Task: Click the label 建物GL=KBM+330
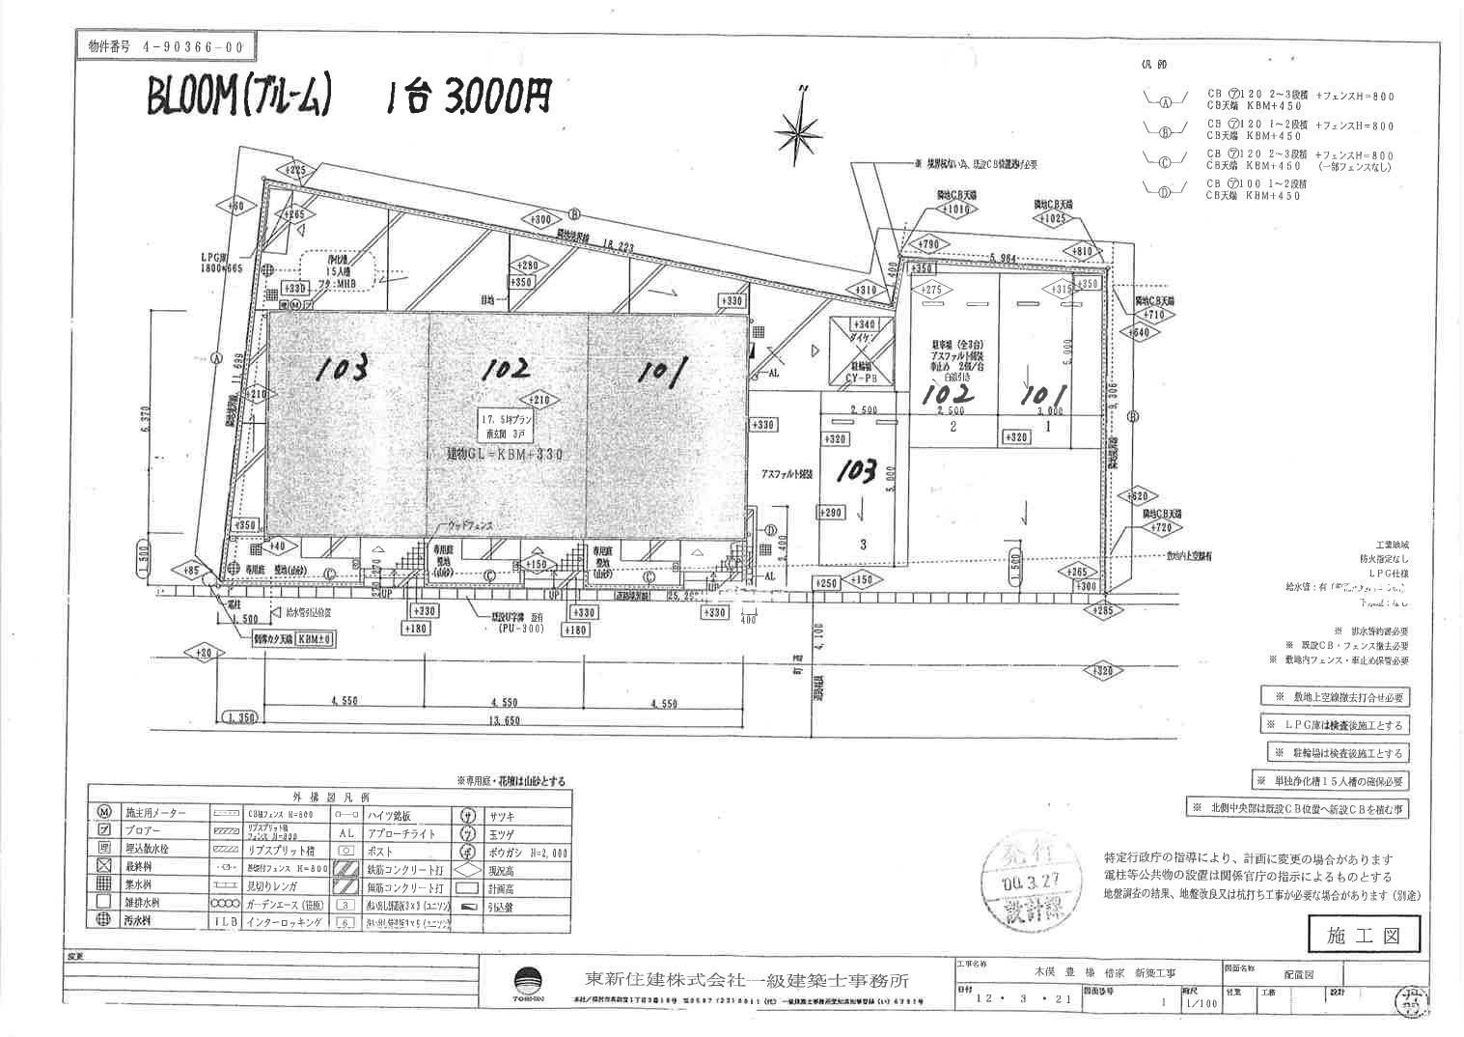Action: tap(504, 453)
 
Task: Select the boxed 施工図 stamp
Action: tap(1364, 934)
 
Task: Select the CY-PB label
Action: tap(865, 379)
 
